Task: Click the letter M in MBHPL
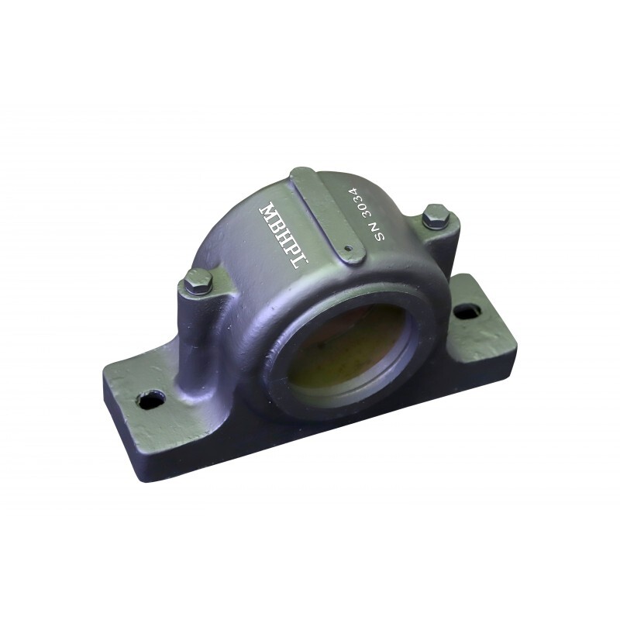pyautogui.click(x=268, y=212)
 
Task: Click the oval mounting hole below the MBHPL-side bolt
pyautogui.click(x=150, y=400)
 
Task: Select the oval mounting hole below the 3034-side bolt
pyautogui.click(x=466, y=311)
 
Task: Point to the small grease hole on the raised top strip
pyautogui.click(x=349, y=249)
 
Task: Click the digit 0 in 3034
pyautogui.click(x=363, y=205)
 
